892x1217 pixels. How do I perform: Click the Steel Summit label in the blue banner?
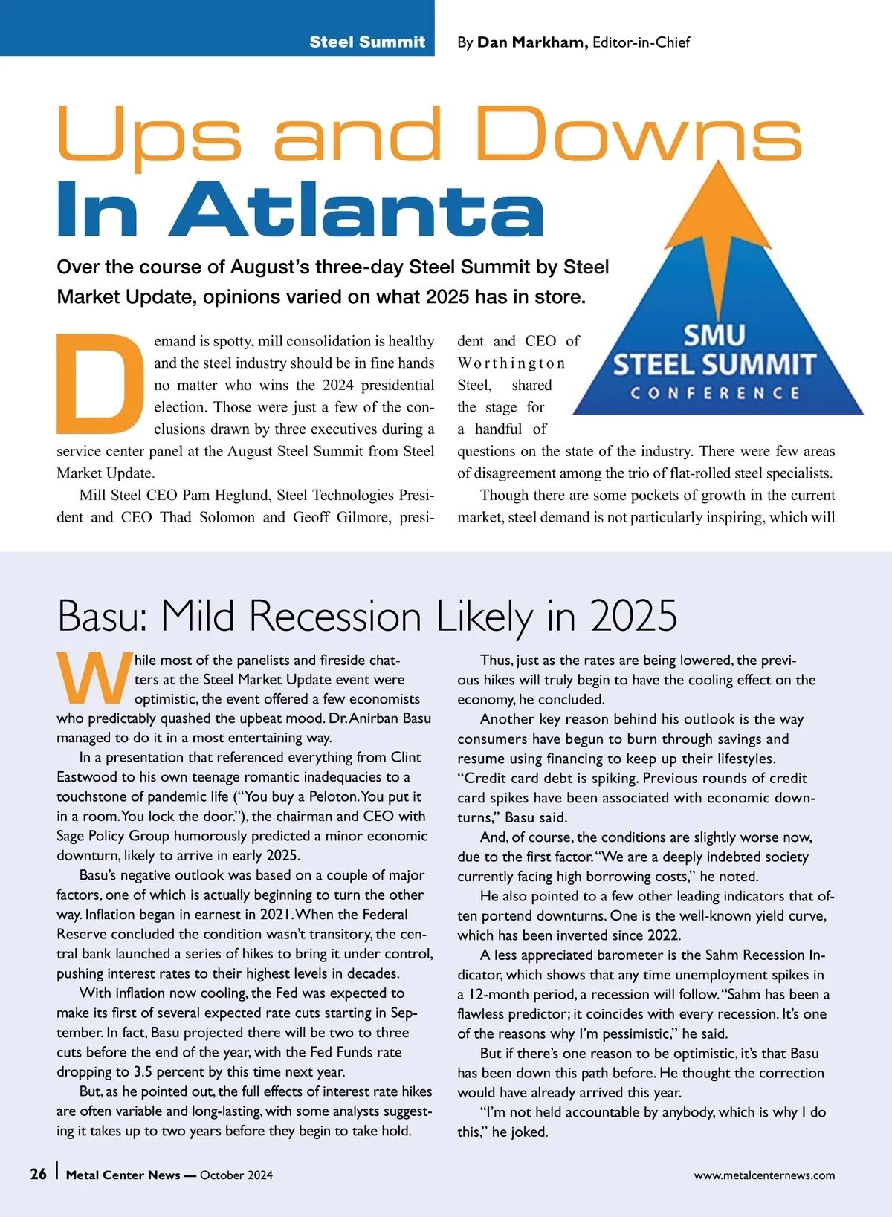point(367,42)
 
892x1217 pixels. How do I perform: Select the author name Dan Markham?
point(532,42)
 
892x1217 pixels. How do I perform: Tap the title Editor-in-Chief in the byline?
point(641,42)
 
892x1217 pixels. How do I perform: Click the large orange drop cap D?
point(99,383)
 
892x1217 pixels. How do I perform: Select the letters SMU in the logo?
point(714,335)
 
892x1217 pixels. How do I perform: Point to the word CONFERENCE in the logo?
point(715,393)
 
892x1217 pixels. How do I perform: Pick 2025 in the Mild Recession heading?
point(633,616)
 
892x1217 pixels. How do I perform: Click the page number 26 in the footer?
point(38,1174)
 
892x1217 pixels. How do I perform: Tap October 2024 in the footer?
point(236,1175)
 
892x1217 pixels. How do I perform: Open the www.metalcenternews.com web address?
point(764,1175)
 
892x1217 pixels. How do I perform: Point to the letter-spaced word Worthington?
point(511,363)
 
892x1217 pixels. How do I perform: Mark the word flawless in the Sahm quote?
point(485,1013)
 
